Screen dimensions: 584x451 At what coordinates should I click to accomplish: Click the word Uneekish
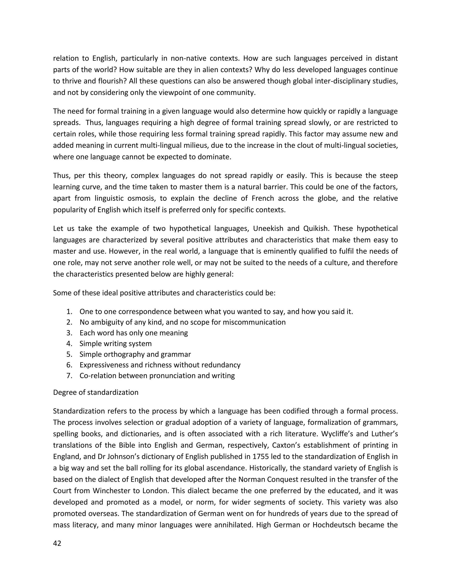268,229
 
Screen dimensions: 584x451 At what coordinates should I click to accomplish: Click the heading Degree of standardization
96,392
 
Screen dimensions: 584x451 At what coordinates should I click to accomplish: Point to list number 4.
69,344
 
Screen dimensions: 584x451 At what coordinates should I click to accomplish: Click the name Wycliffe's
340,434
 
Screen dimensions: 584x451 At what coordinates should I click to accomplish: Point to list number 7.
69,376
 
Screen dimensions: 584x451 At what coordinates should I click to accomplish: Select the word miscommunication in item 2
254,322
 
